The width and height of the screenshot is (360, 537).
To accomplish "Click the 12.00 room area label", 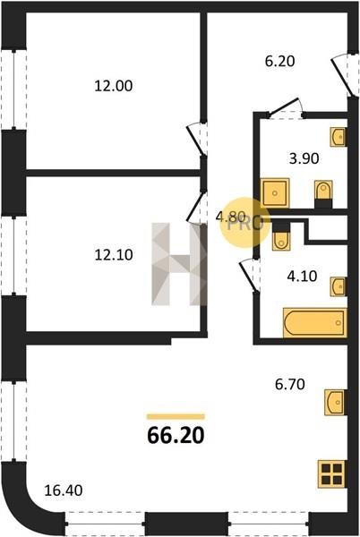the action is [x=114, y=86].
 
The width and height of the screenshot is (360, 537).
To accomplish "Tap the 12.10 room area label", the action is [x=114, y=255].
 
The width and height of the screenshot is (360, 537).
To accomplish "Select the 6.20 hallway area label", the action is [x=279, y=61].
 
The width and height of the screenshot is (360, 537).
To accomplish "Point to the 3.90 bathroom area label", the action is [x=304, y=158].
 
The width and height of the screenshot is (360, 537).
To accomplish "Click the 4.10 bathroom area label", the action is [x=302, y=276].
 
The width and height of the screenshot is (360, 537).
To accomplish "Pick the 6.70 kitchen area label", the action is [x=290, y=384].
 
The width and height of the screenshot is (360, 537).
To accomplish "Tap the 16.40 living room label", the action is [x=64, y=490].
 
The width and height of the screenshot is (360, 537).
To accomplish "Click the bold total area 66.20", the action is [x=176, y=435].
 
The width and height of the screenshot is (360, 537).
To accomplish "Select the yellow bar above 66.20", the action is [x=176, y=417].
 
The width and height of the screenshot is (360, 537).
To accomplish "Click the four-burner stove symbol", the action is [x=331, y=474].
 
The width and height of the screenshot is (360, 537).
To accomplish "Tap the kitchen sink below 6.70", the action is [x=336, y=403].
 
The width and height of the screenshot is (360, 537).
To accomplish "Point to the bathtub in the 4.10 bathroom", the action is [x=315, y=322].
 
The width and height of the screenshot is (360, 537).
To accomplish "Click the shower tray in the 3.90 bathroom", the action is [x=275, y=192].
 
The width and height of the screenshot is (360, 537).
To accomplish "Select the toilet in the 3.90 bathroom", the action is [x=323, y=194].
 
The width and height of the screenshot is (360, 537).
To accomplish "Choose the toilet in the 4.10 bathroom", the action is [x=281, y=236].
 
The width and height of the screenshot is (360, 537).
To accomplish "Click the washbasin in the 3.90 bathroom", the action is [x=339, y=137].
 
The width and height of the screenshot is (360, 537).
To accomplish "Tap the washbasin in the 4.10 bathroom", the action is [x=339, y=286].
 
